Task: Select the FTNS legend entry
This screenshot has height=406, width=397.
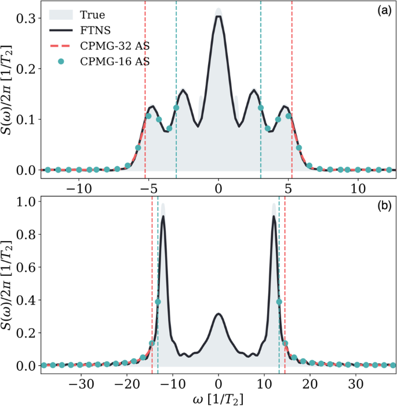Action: click(93, 30)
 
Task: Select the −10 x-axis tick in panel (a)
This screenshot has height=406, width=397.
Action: click(76, 189)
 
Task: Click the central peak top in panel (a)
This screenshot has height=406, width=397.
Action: click(218, 16)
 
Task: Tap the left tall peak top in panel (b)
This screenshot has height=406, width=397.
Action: click(163, 217)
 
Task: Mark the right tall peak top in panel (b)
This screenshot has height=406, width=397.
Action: click(273, 217)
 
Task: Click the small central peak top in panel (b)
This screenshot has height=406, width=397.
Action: click(218, 314)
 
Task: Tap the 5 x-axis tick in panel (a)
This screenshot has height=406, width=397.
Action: click(287, 189)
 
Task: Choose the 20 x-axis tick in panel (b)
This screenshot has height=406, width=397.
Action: click(310, 385)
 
